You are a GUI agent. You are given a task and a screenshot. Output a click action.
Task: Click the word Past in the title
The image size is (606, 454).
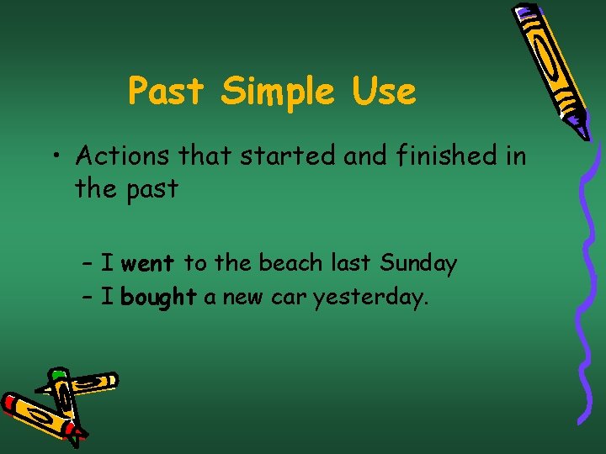[x=166, y=91]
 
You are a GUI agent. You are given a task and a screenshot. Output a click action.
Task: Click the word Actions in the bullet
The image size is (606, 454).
[x=125, y=156]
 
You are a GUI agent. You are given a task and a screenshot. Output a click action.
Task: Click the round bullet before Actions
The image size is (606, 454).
[x=56, y=157]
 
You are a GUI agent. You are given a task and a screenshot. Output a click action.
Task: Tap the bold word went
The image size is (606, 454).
[x=147, y=264]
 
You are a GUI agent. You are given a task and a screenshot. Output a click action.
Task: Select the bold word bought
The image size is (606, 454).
[x=158, y=298]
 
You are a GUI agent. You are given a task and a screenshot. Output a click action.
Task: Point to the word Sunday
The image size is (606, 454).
[x=418, y=264]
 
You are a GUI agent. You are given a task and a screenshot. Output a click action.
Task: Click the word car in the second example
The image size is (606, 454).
[x=290, y=298]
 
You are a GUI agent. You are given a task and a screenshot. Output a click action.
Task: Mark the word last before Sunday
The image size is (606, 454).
[x=353, y=263]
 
